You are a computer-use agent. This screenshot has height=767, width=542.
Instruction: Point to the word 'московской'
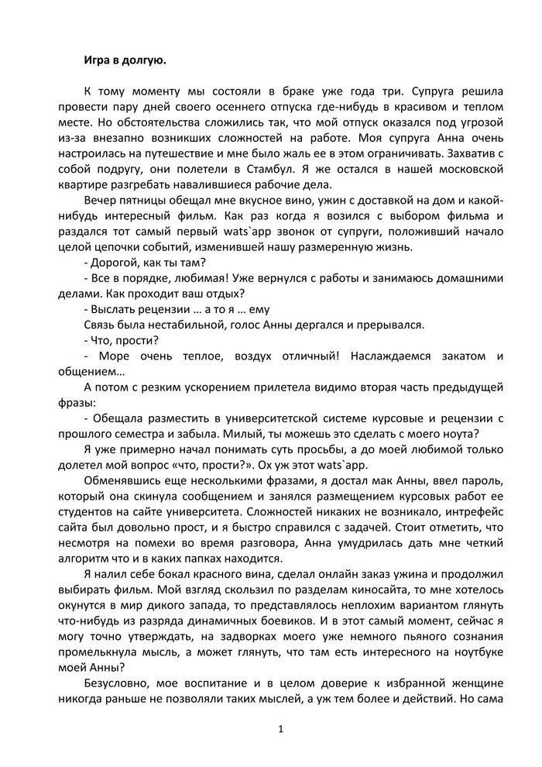(x=466, y=167)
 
